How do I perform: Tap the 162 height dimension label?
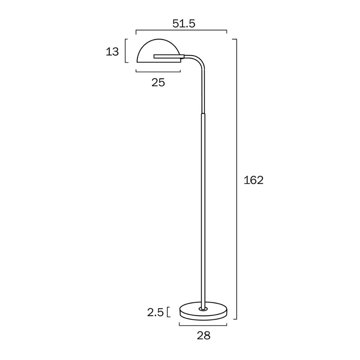click(253, 180)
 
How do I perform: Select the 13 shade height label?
click(112, 52)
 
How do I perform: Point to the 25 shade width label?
click(158, 82)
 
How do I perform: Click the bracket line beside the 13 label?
click(126, 51)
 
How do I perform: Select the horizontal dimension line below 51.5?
click(181, 31)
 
